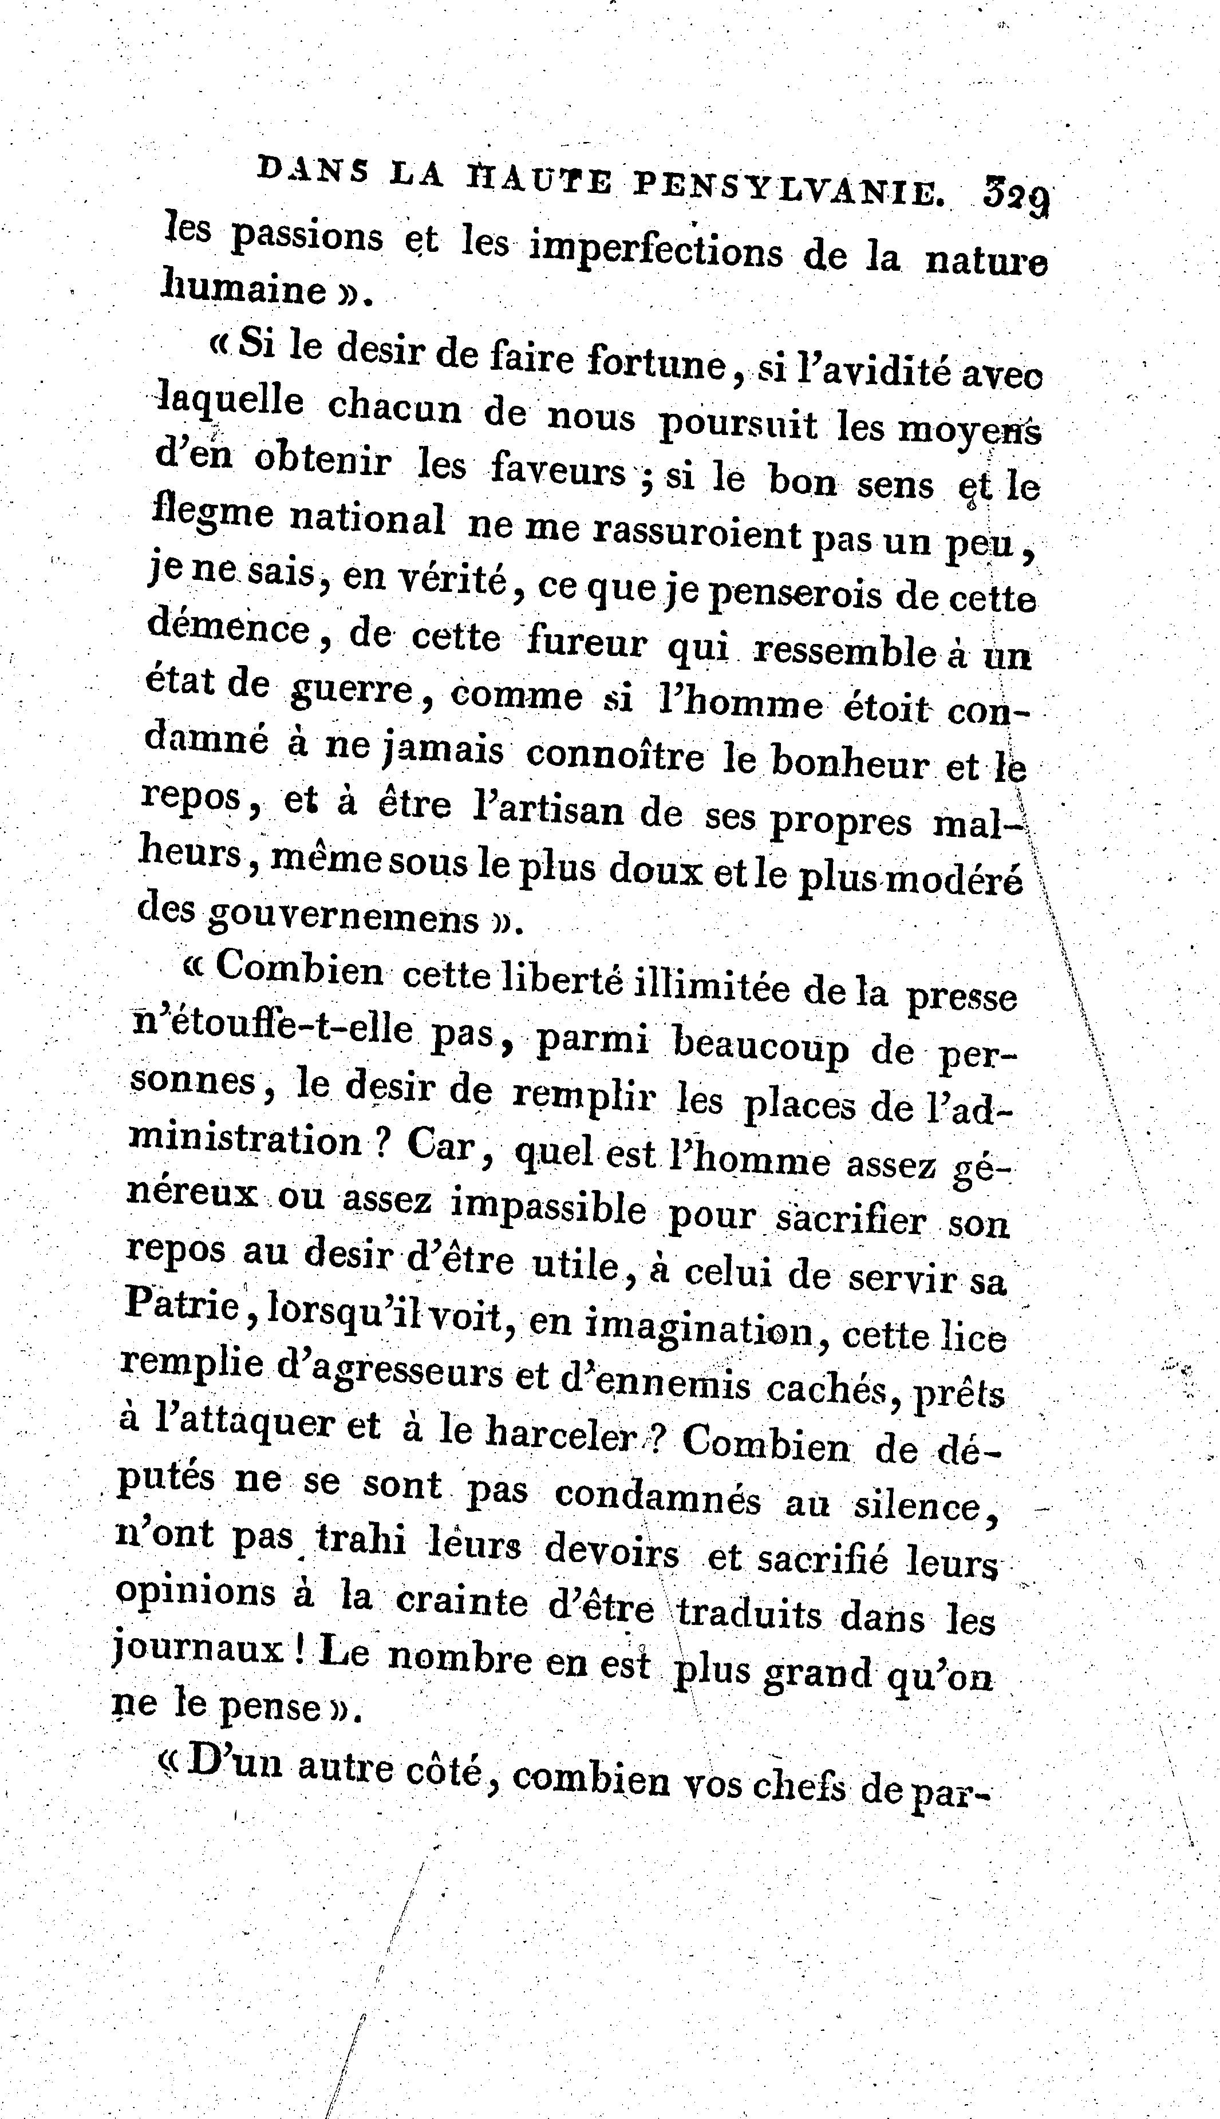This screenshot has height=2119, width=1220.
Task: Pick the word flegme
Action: [x=215, y=517]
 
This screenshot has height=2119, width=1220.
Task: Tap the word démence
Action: [x=228, y=628]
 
